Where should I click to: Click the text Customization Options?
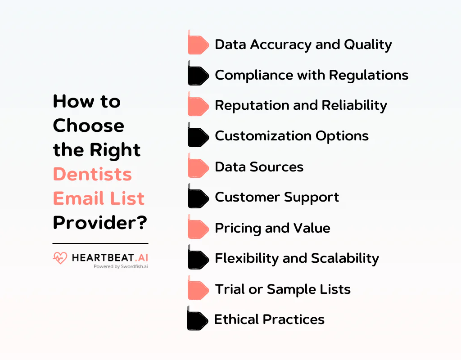pos(292,136)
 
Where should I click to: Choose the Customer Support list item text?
pos(277,197)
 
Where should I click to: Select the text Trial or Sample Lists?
pos(283,289)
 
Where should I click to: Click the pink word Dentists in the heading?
pos(92,174)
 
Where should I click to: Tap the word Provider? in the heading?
pos(100,223)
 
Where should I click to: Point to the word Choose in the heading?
pos(88,126)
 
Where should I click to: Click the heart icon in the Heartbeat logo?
pos(59,258)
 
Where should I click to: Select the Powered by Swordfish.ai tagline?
pos(121,266)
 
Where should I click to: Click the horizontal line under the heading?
pos(100,243)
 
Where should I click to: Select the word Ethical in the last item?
pos(236,319)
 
